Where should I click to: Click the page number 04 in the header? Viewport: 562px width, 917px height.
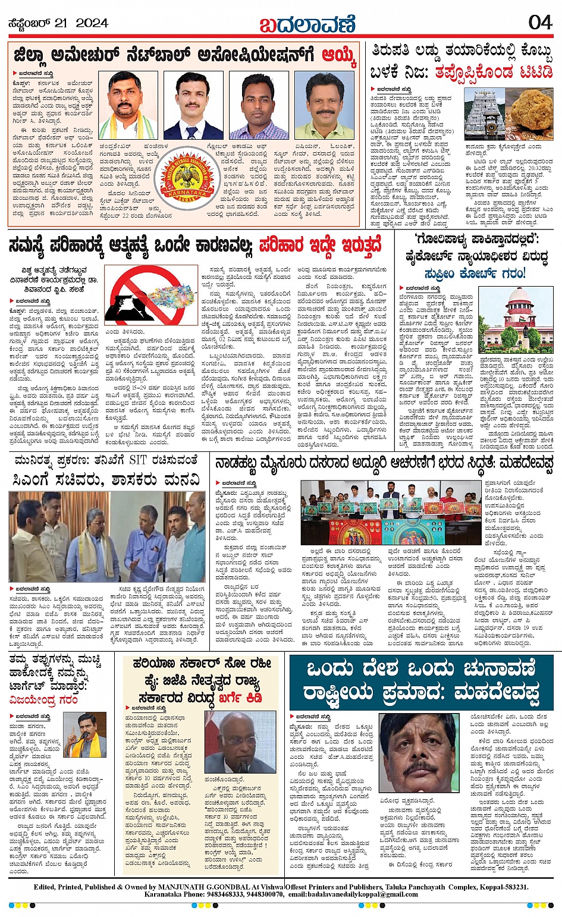click(x=540, y=23)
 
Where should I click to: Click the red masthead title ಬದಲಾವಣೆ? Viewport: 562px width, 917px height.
click(x=307, y=24)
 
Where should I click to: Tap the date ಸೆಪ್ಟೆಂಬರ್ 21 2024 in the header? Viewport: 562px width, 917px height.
click(x=58, y=23)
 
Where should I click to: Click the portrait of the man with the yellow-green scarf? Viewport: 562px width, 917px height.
click(x=128, y=105)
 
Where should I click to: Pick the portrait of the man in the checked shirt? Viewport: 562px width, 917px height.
click(x=259, y=106)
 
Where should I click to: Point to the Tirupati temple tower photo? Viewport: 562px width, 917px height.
click(x=484, y=115)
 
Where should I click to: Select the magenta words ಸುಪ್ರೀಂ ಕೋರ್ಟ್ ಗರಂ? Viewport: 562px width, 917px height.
click(x=475, y=274)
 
